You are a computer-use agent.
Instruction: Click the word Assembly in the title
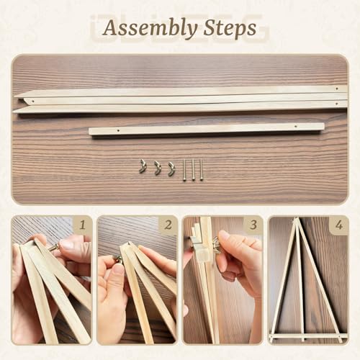pyautogui.click(x=150, y=29)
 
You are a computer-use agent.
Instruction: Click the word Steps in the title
pyautogui.click(x=230, y=28)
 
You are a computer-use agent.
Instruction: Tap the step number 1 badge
pyautogui.click(x=83, y=225)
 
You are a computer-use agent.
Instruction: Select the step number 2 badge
pyautogui.click(x=168, y=225)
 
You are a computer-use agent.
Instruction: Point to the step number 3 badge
pyautogui.click(x=253, y=225)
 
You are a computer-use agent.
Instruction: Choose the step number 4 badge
pyautogui.click(x=339, y=225)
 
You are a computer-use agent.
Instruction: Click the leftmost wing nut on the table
pyautogui.click(x=143, y=166)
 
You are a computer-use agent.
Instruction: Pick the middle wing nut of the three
pyautogui.click(x=158, y=168)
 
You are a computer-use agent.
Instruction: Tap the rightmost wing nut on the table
pyautogui.click(x=171, y=169)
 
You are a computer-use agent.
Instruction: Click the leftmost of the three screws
pyautogui.click(x=184, y=170)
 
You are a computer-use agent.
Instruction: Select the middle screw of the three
pyautogui.click(x=193, y=170)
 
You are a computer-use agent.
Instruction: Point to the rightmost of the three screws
pyautogui.click(x=201, y=169)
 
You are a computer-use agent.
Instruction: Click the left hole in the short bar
pyautogui.click(x=118, y=131)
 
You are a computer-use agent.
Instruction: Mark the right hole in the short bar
pyautogui.click(x=295, y=126)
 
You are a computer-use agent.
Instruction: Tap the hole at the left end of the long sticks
pyautogui.click(x=33, y=102)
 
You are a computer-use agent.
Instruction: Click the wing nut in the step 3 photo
pyautogui.click(x=216, y=246)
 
